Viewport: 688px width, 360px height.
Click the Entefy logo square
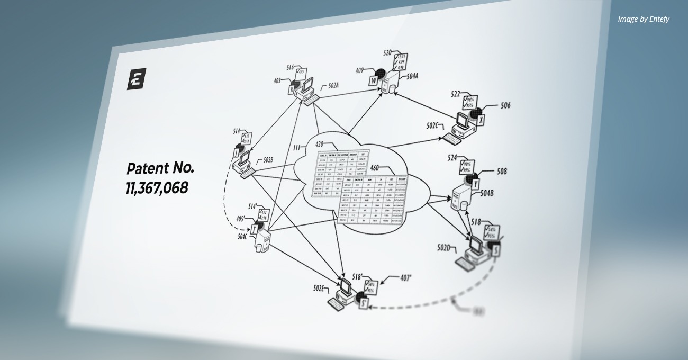tap(137, 79)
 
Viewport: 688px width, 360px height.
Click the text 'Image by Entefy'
tap(643, 19)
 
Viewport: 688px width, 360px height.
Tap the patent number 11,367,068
tap(157, 188)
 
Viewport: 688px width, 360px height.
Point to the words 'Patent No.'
tap(160, 169)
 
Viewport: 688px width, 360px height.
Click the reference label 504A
tap(412, 76)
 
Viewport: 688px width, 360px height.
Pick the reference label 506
tap(505, 105)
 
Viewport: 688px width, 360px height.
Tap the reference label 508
tap(502, 171)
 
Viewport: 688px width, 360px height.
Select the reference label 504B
tap(487, 193)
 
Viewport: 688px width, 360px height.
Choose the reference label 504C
tap(243, 236)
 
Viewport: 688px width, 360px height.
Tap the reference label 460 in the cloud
tap(375, 168)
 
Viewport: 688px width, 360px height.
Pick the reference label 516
tap(290, 67)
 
